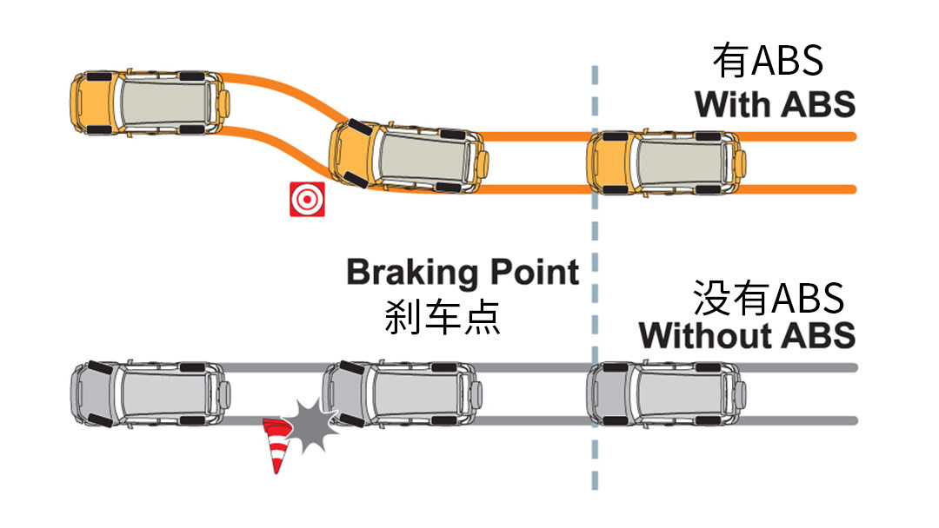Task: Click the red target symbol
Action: [x=307, y=199]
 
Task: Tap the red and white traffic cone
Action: [x=276, y=445]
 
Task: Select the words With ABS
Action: [x=775, y=104]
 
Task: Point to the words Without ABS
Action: [x=747, y=335]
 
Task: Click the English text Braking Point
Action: [x=463, y=273]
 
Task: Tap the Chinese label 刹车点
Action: [x=443, y=317]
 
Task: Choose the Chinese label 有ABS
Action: [x=768, y=62]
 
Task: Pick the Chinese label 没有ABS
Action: [x=769, y=298]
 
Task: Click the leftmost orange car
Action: [x=150, y=103]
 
